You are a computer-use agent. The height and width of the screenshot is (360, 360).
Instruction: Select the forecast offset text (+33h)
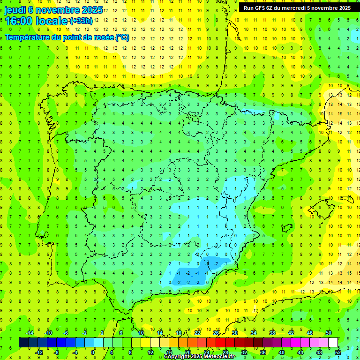(81, 21)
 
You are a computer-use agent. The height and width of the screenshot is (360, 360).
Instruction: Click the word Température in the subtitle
(28, 37)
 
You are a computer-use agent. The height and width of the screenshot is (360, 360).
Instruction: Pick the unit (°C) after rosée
(121, 37)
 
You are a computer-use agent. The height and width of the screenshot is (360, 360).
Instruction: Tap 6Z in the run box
(273, 7)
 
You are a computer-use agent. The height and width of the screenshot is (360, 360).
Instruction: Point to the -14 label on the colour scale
(29, 333)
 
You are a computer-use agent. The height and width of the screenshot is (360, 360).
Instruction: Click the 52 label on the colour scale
(337, 352)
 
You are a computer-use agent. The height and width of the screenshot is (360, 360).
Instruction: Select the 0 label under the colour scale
(93, 352)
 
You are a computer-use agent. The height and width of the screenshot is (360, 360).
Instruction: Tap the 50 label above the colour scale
(328, 333)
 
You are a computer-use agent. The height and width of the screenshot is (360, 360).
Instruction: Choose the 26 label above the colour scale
(216, 333)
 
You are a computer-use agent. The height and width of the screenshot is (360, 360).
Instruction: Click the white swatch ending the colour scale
(333, 343)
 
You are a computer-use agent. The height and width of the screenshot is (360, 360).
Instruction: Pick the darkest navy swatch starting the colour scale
(23, 343)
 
